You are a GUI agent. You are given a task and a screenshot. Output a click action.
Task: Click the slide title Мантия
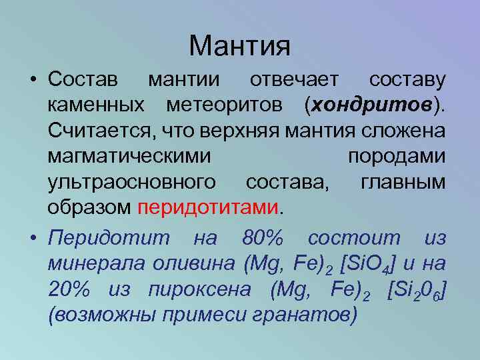pos(239,45)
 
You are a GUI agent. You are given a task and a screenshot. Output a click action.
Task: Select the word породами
pos(396,155)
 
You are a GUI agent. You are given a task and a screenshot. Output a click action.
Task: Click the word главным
pos(403,181)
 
